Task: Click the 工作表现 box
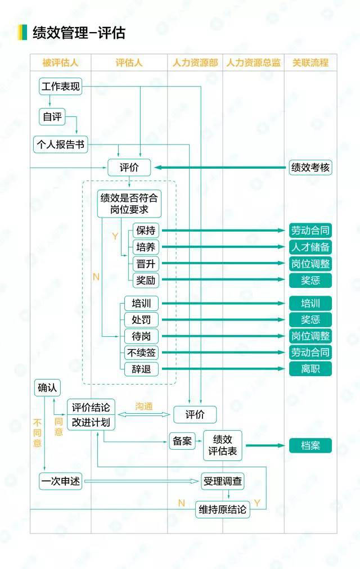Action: point(60,87)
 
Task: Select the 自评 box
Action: point(52,116)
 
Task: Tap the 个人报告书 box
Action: point(61,144)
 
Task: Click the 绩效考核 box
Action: point(310,168)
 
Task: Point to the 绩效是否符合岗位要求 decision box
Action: point(129,204)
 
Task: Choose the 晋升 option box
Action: point(146,264)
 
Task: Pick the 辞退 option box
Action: point(141,369)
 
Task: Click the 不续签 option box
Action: point(141,353)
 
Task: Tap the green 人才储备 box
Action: point(310,247)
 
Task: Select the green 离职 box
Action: point(310,369)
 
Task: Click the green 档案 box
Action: point(310,446)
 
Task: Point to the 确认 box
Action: point(47,387)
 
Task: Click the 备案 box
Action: point(182,441)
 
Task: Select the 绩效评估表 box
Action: point(222,445)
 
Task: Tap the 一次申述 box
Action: point(60,481)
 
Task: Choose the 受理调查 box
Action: point(222,481)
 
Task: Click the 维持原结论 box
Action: point(222,509)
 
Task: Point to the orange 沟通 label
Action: point(143,407)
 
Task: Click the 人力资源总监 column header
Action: point(253,63)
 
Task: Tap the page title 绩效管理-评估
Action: point(79,33)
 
